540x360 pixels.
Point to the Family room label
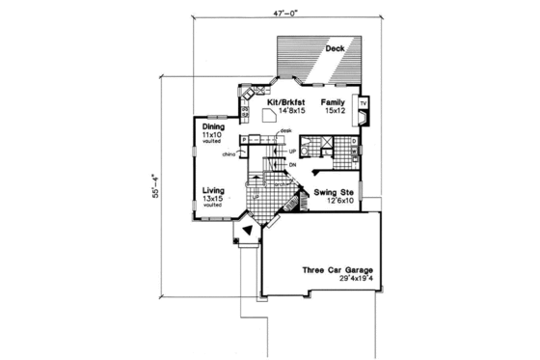333,100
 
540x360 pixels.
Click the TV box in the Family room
363,101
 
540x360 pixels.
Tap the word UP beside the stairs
292,151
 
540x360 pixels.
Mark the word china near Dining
229,153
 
